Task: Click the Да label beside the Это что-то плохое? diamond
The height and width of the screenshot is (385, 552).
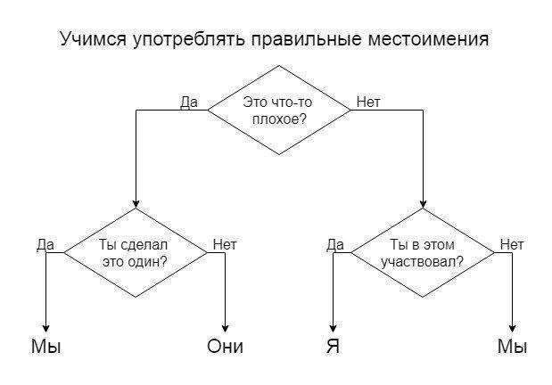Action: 189,102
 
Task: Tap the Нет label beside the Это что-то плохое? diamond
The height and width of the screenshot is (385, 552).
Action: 367,102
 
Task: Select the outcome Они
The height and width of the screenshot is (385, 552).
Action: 225,347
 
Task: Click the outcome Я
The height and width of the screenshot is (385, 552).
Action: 334,347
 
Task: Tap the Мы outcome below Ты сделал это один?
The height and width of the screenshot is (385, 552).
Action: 45,347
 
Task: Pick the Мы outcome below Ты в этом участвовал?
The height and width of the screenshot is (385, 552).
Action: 512,347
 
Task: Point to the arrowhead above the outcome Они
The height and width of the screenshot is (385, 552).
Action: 225,327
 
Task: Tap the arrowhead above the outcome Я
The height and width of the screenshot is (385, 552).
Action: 334,327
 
